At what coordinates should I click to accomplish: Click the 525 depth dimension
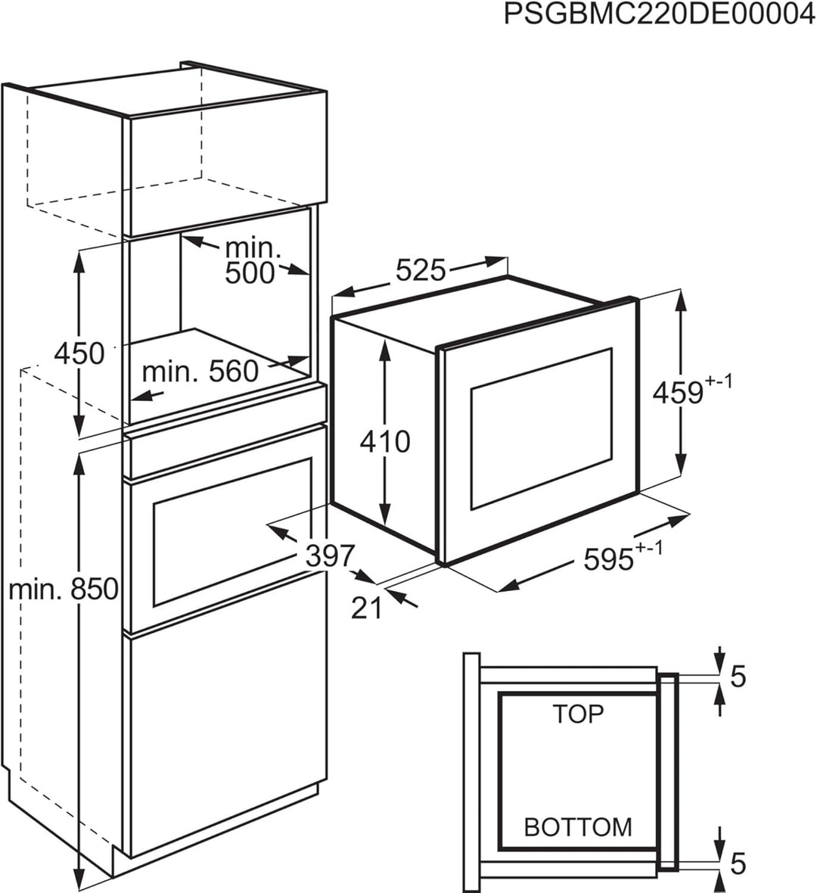coord(421,270)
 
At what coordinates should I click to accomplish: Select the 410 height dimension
coord(385,441)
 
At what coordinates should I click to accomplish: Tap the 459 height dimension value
coord(678,393)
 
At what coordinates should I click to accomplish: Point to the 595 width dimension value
coord(609,559)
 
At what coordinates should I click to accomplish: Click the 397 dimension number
coord(331,555)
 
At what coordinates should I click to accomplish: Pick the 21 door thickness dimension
coord(367,608)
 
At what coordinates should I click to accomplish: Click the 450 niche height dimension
coord(79,353)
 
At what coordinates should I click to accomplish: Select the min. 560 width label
coord(200,372)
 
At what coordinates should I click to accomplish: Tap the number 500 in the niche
coord(250,273)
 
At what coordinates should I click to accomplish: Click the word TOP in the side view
coord(578,714)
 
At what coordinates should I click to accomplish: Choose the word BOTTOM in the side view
coord(578,827)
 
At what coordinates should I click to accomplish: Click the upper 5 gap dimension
coord(738,677)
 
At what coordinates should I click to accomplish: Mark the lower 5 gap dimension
coord(738,863)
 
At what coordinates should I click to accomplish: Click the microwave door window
coord(542,428)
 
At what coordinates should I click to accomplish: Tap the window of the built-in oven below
coord(231,532)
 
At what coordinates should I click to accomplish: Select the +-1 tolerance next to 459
coord(719,381)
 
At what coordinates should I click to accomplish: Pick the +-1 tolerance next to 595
coord(649,548)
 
